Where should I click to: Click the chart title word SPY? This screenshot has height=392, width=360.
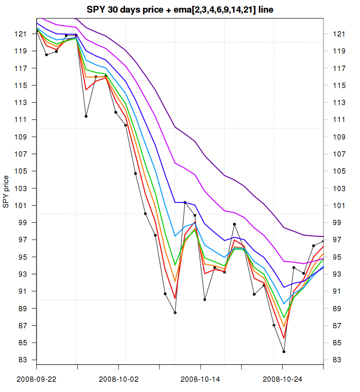tap(96, 9)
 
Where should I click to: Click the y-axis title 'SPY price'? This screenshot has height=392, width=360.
tap(6, 191)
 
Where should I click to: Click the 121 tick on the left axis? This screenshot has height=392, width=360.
tap(22, 34)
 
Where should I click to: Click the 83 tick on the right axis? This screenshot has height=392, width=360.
tap(338, 360)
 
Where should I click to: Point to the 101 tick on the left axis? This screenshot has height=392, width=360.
tap(22, 205)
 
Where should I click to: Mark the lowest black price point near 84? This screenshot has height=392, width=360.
tap(284, 351)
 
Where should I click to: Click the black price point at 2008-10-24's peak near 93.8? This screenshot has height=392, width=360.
tap(294, 267)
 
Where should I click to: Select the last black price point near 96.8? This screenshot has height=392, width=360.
tap(323, 241)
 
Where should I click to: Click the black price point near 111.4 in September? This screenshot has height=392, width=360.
tap(86, 116)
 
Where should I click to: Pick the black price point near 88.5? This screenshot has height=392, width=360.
tap(175, 313)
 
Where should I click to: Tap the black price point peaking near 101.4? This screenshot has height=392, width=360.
tap(185, 202)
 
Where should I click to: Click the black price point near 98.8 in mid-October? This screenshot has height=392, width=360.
tap(234, 224)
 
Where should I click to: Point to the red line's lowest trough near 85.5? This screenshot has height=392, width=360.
tap(284, 338)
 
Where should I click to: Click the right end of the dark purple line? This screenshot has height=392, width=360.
tap(323, 236)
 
